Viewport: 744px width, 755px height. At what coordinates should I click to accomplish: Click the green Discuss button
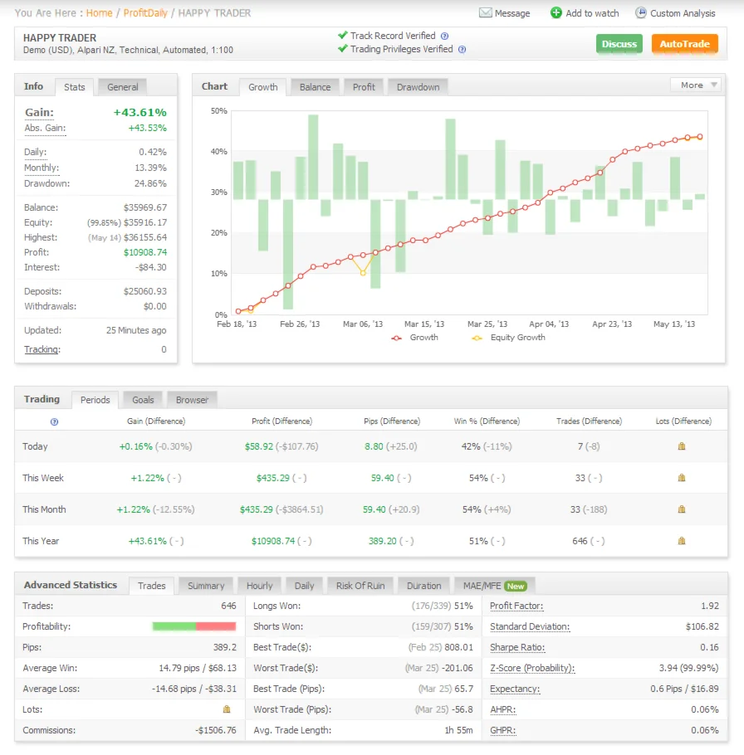[619, 44]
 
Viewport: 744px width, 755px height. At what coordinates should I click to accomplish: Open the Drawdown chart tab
[418, 87]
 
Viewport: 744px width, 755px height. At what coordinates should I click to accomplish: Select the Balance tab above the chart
[315, 87]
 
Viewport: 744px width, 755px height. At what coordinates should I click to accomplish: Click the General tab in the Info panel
[122, 87]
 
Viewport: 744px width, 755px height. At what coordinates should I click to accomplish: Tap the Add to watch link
[585, 13]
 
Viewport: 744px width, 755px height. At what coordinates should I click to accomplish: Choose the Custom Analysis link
[675, 13]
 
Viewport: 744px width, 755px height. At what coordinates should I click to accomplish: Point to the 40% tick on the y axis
[219, 152]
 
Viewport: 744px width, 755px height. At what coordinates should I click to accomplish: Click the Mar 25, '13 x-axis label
[487, 324]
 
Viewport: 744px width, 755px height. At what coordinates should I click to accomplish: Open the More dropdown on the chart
[696, 85]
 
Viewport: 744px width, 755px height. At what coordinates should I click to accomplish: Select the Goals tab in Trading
[143, 400]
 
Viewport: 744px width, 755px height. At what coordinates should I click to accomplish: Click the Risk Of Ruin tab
[360, 586]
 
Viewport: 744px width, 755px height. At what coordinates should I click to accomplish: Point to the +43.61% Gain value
[139, 112]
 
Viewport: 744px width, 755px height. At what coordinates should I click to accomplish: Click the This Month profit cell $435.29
[260, 509]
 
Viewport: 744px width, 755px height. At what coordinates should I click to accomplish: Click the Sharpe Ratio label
[517, 647]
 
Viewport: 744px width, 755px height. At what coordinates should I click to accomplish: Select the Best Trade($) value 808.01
[458, 647]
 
